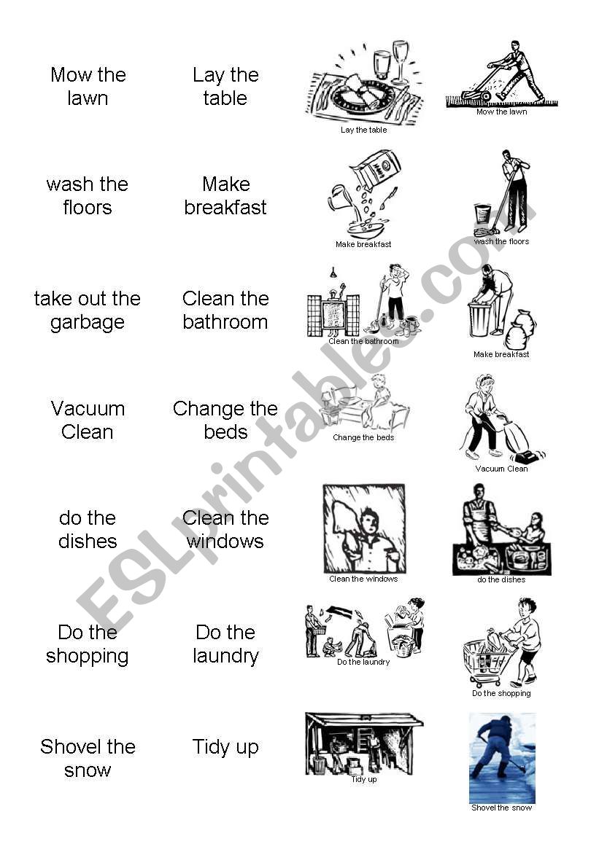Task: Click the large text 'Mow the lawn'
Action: point(88,87)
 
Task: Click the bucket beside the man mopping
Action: point(482,214)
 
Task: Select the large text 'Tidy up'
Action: point(225,747)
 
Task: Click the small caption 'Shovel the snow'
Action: point(502,808)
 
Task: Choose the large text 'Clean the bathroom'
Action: point(225,310)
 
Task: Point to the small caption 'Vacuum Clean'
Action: point(502,469)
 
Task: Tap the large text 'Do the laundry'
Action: point(225,644)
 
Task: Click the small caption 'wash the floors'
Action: point(502,242)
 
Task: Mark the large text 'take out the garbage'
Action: point(88,310)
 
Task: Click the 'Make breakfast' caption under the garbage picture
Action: point(502,354)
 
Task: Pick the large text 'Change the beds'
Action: point(225,420)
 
